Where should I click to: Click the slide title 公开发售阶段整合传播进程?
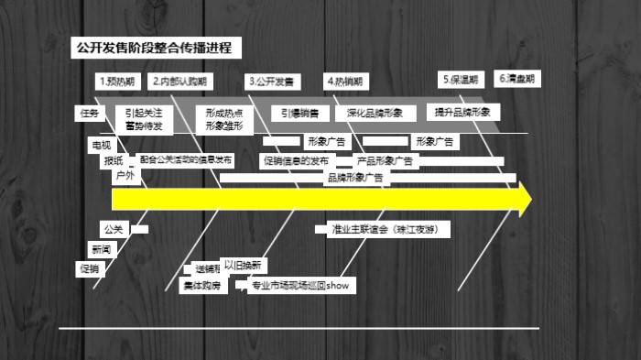coord(154,48)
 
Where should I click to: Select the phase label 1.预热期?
coord(117,82)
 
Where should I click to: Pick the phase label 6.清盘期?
coord(517,79)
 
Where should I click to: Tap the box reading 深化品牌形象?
coord(375,114)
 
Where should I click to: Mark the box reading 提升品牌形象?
coord(462,112)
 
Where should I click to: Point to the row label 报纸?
coord(114,160)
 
